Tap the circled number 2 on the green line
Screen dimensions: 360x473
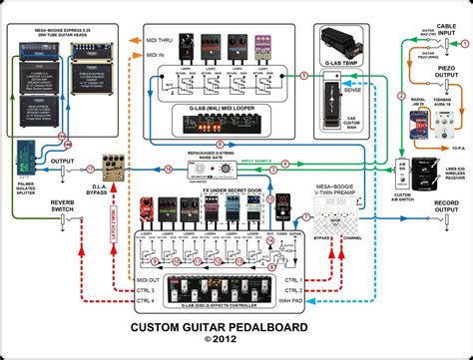pos(400,96)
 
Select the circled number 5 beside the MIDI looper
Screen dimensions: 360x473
pos(304,75)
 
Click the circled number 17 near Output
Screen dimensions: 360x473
pos(90,169)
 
